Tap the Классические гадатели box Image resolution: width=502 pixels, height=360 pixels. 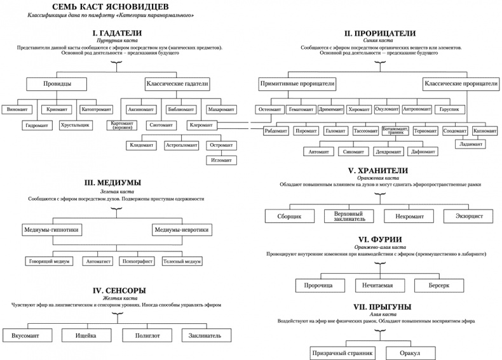click(x=177, y=84)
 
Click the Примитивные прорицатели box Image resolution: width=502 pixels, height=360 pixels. click(x=297, y=84)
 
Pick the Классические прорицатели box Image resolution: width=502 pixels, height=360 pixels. click(x=460, y=84)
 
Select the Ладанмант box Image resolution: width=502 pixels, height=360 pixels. click(x=470, y=144)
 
